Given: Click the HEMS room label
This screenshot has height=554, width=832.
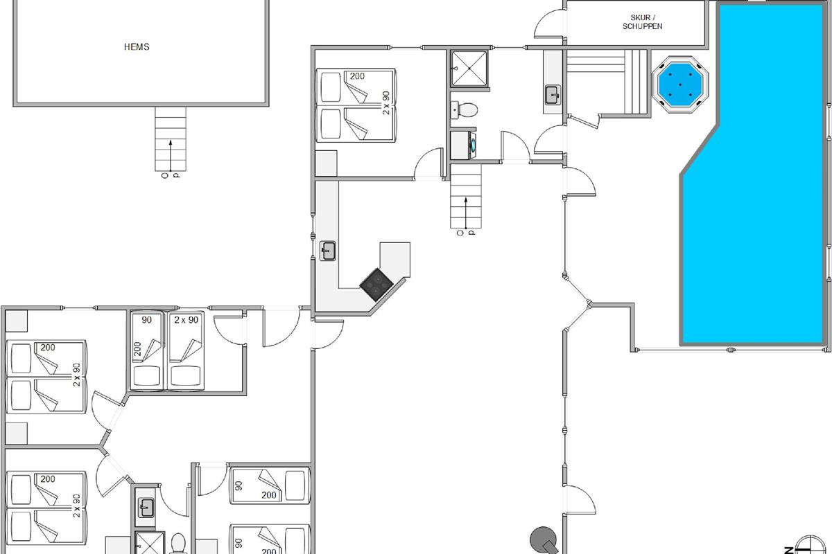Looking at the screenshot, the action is (137, 47).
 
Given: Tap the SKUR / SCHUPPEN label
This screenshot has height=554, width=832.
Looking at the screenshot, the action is (643, 22).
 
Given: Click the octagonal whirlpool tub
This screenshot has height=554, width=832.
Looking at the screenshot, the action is (680, 84).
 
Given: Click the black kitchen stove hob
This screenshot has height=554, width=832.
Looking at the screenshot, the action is (376, 285).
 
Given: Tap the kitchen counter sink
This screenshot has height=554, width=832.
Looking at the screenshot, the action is (327, 251).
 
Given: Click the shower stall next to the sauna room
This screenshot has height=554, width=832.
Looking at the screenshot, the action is (469, 69).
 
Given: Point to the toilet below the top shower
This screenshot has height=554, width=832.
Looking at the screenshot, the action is (465, 110).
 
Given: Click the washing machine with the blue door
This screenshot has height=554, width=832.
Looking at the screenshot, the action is (464, 145).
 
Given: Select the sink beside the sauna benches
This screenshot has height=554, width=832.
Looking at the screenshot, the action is (553, 95).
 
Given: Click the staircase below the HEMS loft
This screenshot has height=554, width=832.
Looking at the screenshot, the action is (171, 139).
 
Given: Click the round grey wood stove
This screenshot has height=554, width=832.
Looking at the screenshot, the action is (544, 540).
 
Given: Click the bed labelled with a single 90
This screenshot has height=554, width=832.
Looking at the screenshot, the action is (147, 350).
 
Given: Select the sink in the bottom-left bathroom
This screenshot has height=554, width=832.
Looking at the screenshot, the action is (146, 508).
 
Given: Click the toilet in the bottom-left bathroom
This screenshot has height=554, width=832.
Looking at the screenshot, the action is (178, 544).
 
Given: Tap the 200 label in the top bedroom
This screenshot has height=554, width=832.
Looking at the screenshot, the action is (357, 76).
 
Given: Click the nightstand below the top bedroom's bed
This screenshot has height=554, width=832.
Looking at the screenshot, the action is (326, 163).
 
